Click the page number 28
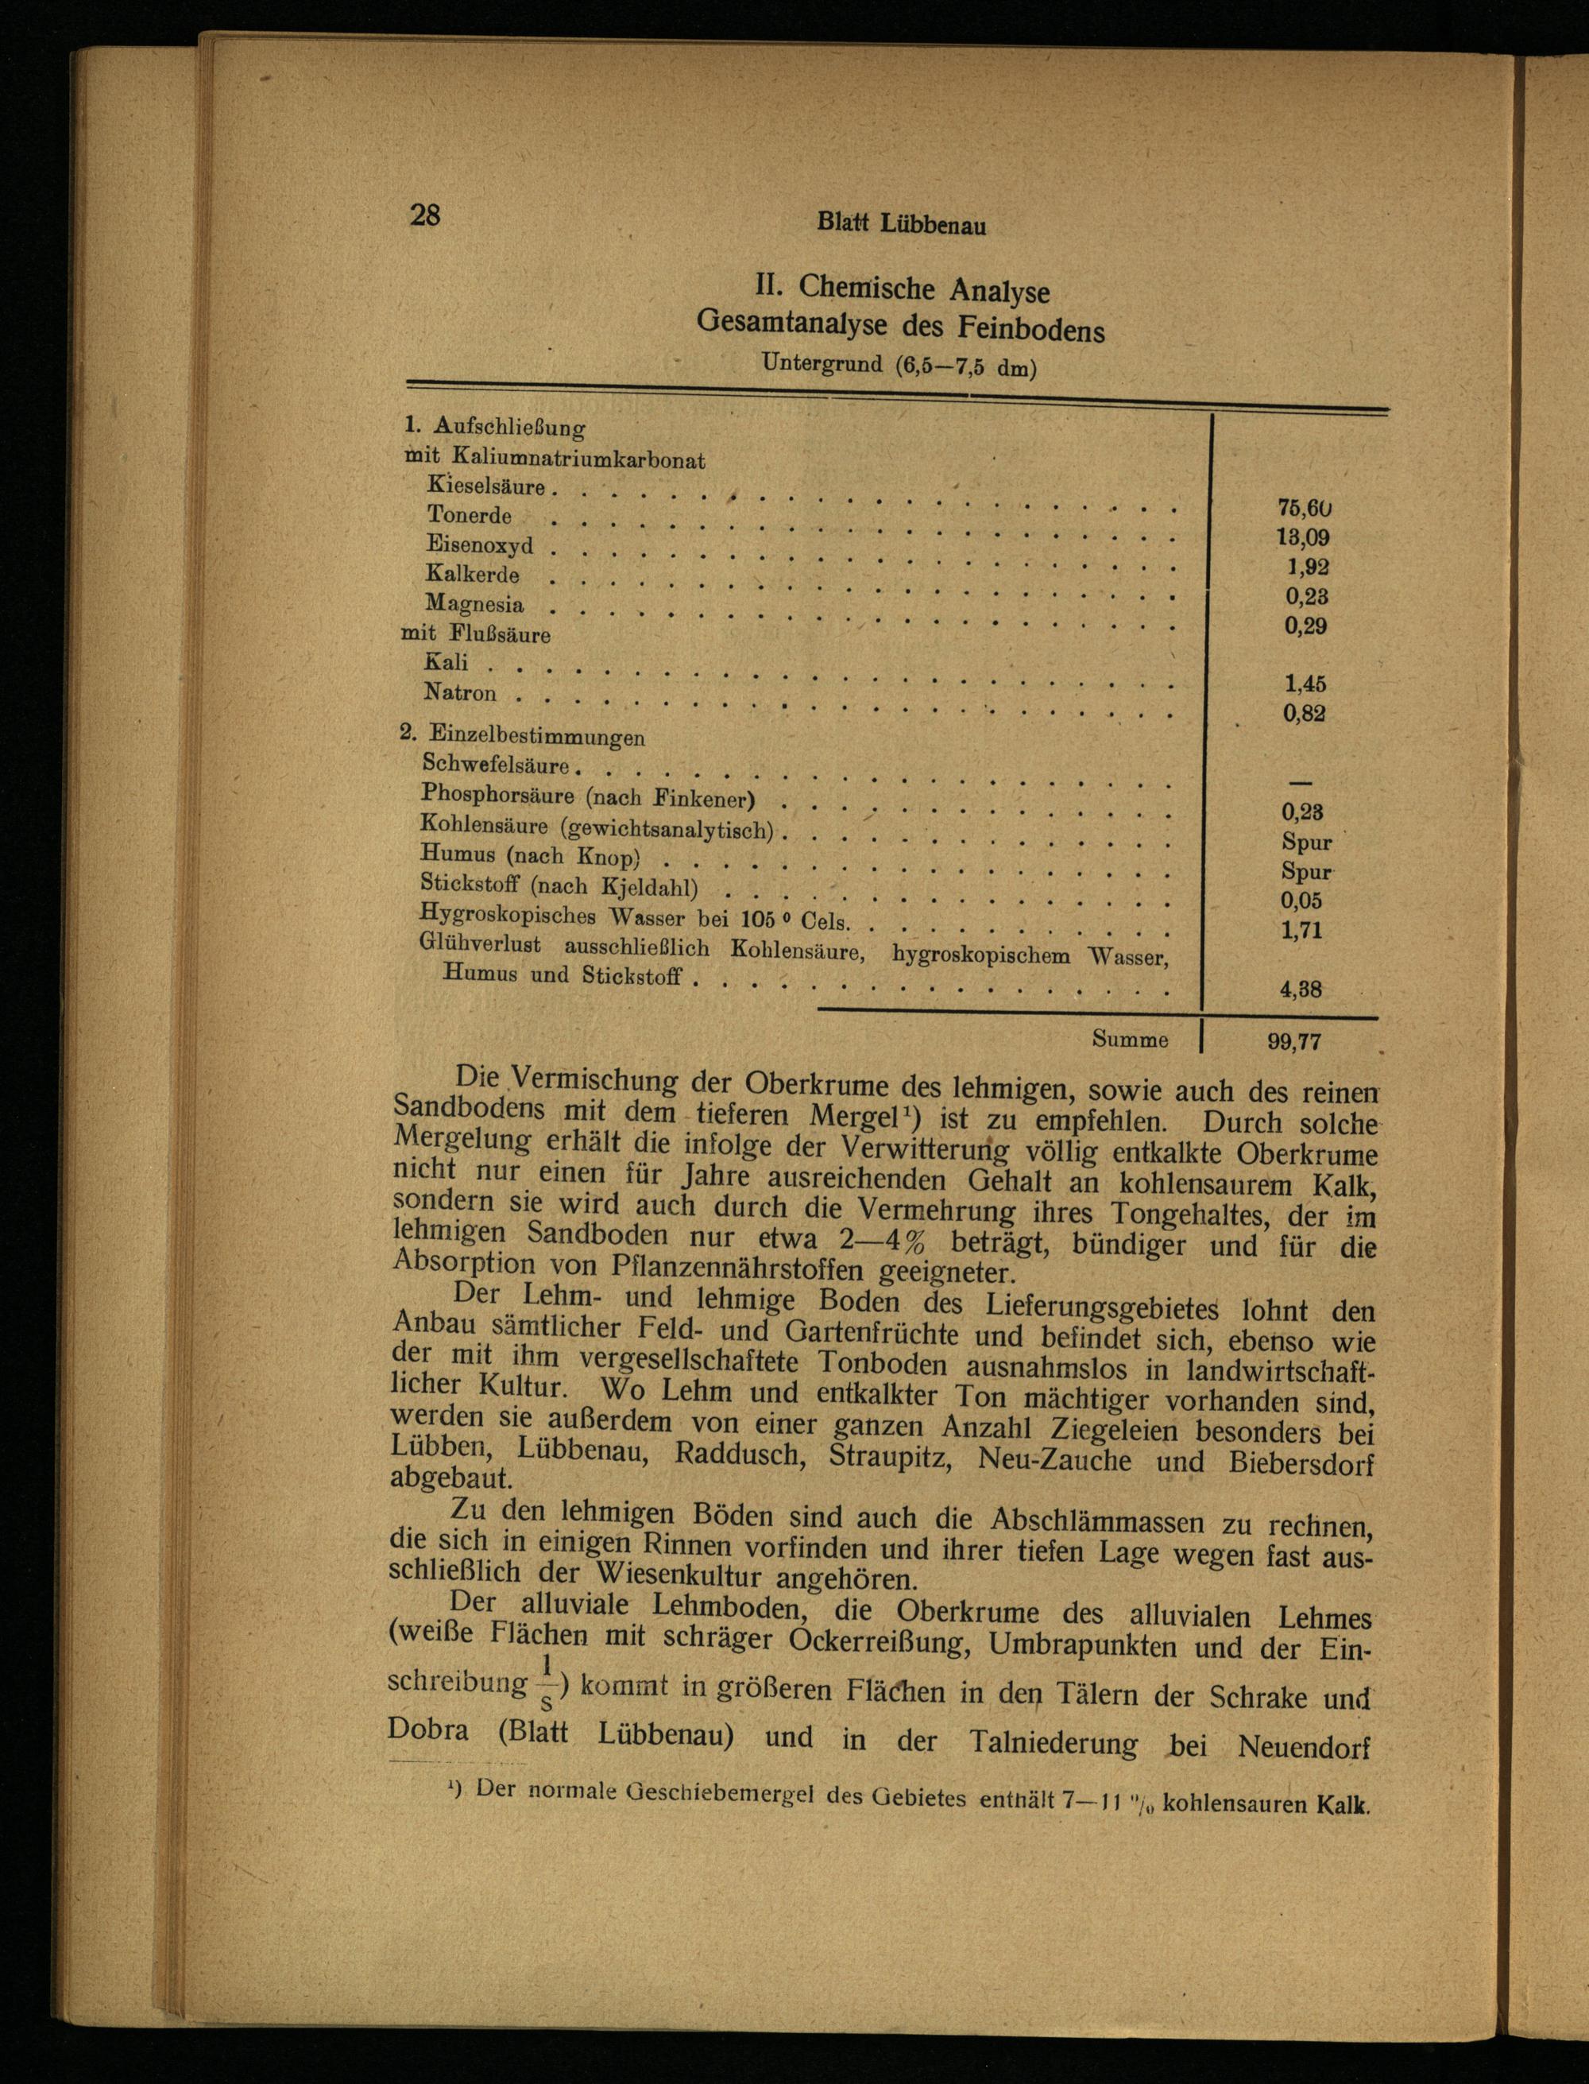click(x=425, y=215)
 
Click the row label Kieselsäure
click(x=486, y=487)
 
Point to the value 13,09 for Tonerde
click(x=1303, y=538)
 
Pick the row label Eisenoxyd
click(x=480, y=545)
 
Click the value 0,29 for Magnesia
click(x=1305, y=626)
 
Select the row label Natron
click(x=460, y=693)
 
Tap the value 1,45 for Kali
click(x=1305, y=684)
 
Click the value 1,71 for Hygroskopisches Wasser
click(x=1301, y=931)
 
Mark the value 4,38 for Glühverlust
click(x=1301, y=990)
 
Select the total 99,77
click(x=1294, y=1043)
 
